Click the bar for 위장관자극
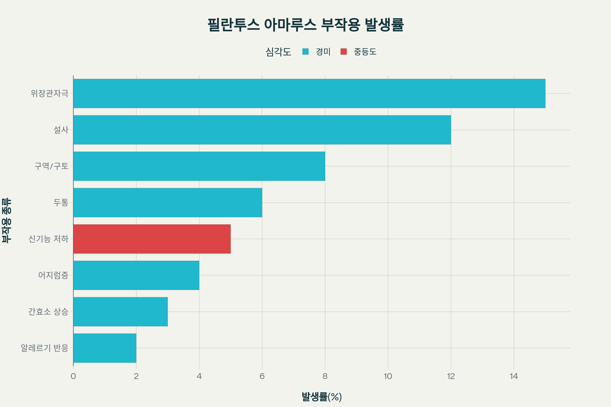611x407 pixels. pyautogui.click(x=309, y=93)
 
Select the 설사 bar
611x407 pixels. pyautogui.click(x=262, y=130)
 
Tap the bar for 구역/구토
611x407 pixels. pyautogui.click(x=199, y=166)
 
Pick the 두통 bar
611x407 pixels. pyautogui.click(x=168, y=202)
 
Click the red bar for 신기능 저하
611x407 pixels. pyautogui.click(x=152, y=239)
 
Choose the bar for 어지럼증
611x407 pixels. pyautogui.click(x=136, y=275)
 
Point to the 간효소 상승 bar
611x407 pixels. pyautogui.click(x=120, y=311)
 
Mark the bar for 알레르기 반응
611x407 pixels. pyautogui.click(x=105, y=348)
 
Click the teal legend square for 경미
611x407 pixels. pyautogui.click(x=305, y=52)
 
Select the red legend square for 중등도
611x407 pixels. pyautogui.click(x=344, y=52)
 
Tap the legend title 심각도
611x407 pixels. pyautogui.click(x=278, y=52)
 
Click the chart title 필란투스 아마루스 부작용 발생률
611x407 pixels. pyautogui.click(x=305, y=25)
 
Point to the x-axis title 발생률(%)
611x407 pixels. pyautogui.click(x=322, y=397)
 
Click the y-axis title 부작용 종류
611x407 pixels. pyautogui.click(x=7, y=221)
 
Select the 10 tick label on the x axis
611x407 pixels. pyautogui.click(x=388, y=376)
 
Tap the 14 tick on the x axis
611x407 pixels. pyautogui.click(x=513, y=376)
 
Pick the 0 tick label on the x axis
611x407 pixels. pyautogui.click(x=73, y=376)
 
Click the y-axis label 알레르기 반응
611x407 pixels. pyautogui.click(x=44, y=348)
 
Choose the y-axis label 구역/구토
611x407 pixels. pyautogui.click(x=51, y=166)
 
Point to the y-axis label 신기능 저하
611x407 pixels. pyautogui.click(x=48, y=239)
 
